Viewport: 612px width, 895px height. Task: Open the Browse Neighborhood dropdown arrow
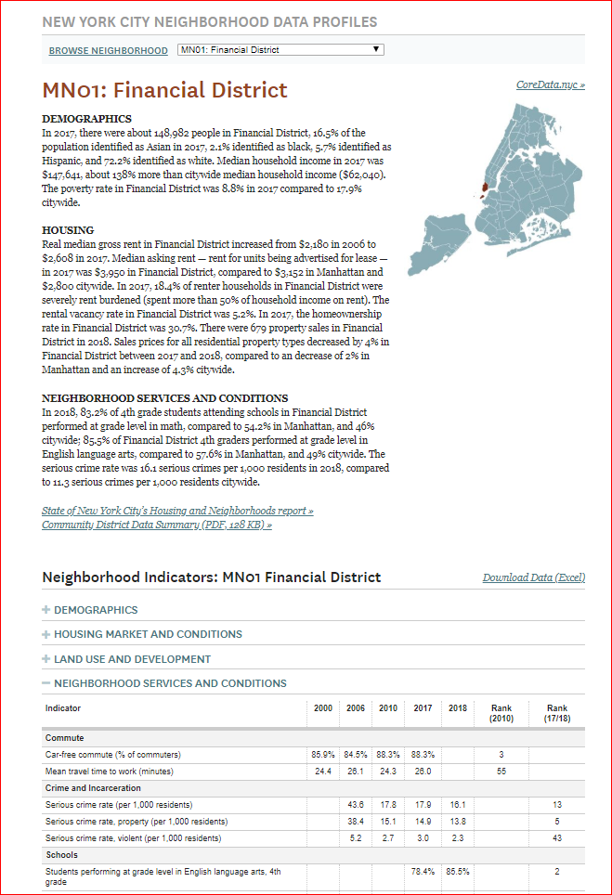pos(375,49)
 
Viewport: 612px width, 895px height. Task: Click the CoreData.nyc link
pos(550,85)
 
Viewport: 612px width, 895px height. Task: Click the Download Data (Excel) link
pos(533,577)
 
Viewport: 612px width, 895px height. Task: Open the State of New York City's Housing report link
pos(177,511)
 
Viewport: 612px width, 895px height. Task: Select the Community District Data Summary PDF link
pos(157,525)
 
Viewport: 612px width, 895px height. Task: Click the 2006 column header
pos(356,708)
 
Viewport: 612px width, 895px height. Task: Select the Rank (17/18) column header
pos(557,713)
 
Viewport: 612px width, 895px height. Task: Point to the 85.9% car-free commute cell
pos(323,755)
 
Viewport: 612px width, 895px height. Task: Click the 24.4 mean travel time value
pos(323,771)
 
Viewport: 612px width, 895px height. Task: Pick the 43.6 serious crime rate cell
pos(356,804)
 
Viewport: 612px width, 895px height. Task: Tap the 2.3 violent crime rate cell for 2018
pos(457,837)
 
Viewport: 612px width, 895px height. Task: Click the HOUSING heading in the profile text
pos(68,229)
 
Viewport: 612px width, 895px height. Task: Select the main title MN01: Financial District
pos(165,90)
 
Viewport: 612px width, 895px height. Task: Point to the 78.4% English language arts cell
pos(423,872)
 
